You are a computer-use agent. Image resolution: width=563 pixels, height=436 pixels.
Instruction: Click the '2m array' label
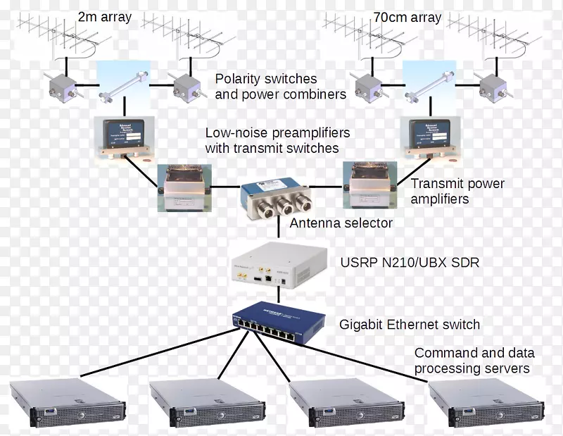point(104,17)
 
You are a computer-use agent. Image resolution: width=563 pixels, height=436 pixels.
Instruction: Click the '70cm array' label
point(407,17)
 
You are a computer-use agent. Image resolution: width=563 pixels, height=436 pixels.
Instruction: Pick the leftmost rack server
point(68,404)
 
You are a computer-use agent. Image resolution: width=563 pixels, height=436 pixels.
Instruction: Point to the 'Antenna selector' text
point(341,223)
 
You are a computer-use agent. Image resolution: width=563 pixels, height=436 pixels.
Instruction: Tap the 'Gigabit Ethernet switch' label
point(410,325)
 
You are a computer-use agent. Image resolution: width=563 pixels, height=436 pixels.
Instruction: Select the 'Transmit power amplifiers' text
point(457,192)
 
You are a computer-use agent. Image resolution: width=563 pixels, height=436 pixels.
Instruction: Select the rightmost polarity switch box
point(493,87)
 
